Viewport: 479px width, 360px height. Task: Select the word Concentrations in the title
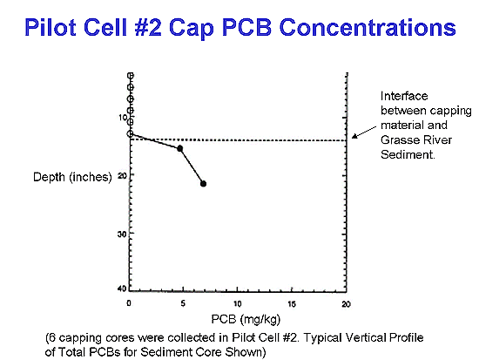368,27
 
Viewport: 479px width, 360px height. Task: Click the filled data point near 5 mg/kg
180,149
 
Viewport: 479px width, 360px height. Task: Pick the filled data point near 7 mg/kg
203,184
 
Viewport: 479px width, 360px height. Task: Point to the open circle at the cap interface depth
131,133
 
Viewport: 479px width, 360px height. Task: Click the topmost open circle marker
131,75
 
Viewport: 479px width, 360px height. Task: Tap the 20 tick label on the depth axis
122,175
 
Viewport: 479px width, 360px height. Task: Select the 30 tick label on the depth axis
122,234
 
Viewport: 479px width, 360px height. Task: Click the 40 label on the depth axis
122,289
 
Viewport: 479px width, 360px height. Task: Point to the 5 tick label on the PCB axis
183,303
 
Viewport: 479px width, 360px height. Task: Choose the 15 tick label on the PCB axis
292,303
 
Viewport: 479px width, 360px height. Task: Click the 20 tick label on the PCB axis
346,303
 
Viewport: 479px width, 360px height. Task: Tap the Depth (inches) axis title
72,177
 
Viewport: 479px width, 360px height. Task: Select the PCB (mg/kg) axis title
246,320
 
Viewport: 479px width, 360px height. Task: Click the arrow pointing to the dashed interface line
364,132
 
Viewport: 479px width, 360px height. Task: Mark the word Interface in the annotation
404,96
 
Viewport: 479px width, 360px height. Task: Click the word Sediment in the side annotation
408,154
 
